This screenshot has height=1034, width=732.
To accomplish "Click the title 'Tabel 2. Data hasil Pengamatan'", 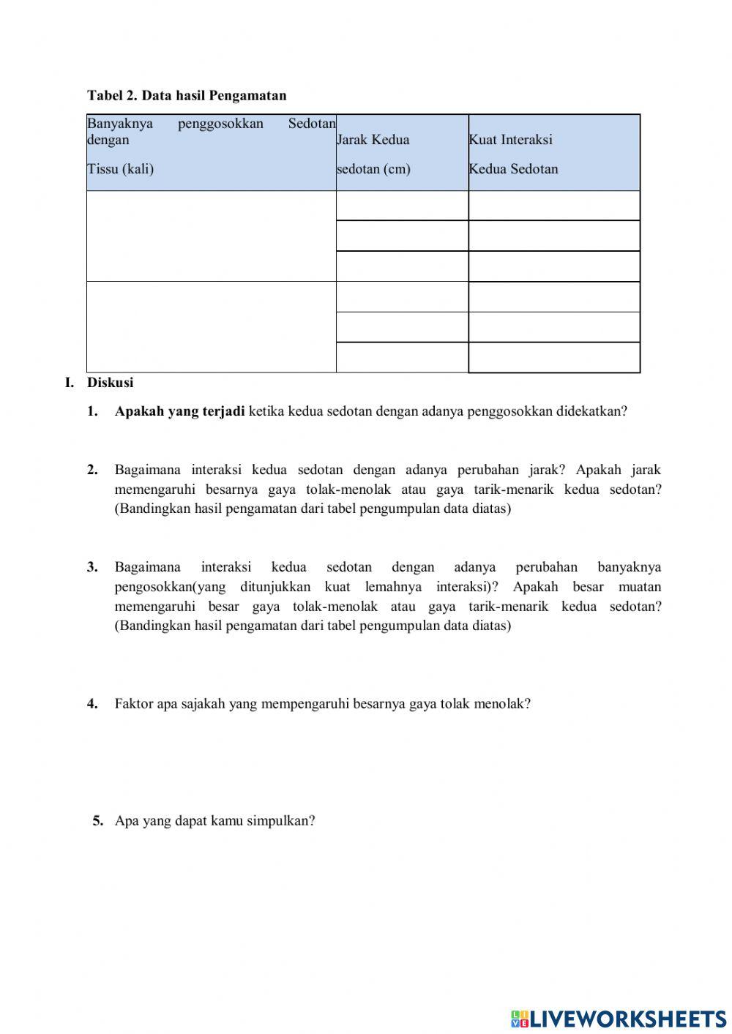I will [187, 95].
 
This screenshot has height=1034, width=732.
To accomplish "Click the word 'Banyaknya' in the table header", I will [120, 123].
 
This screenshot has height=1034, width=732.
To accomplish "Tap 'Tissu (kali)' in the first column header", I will [121, 169].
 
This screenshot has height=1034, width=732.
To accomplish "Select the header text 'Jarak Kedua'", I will [373, 140].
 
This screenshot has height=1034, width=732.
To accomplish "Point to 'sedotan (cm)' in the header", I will [373, 169].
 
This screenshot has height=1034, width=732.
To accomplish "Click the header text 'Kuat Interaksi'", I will [511, 140].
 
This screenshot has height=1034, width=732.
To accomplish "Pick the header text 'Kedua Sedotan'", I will [514, 169].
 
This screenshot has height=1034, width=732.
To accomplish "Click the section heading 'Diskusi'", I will [111, 382].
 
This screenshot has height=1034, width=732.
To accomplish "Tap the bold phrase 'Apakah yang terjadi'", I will [179, 411].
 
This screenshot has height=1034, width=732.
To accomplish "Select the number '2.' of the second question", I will [92, 470].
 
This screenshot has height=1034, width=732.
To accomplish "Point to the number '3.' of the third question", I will [92, 567].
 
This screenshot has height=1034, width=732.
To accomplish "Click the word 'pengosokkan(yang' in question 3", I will [170, 587].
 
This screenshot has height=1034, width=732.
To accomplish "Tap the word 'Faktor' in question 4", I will [134, 704].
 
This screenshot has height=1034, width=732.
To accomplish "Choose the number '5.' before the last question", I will [98, 821].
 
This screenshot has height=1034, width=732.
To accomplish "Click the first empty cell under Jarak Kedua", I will [402, 206].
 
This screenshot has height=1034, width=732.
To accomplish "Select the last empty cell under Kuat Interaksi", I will [554, 358].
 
